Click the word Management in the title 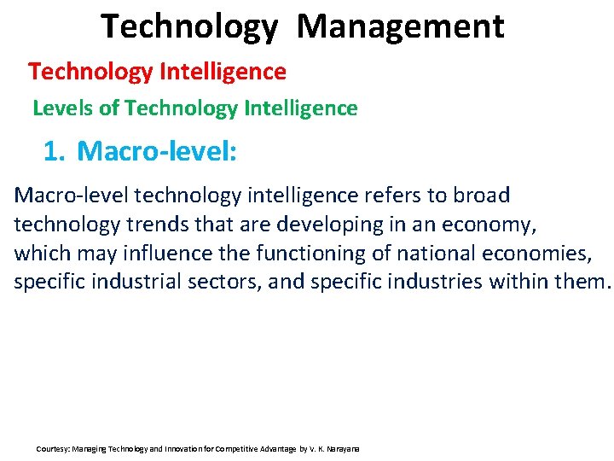[x=401, y=26]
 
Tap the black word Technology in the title [x=189, y=26]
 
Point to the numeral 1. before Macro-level [x=54, y=152]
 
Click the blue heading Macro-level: [x=157, y=152]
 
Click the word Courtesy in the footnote [x=53, y=448]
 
